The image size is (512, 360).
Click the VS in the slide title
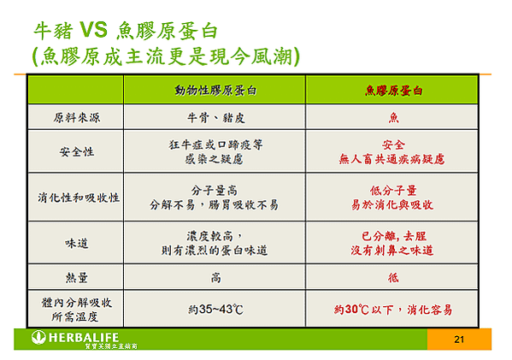coord(93,30)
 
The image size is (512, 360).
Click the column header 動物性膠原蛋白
coord(215,90)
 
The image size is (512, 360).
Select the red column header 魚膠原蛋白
coord(393,91)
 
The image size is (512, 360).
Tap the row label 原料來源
coord(77,118)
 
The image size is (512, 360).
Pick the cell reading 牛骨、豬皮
coord(216,118)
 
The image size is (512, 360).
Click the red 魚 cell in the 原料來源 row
coord(393,118)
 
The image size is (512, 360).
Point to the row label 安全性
coord(77,151)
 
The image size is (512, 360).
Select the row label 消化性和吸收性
coord(79,198)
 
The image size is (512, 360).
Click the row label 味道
coord(77,243)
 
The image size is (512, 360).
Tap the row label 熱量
coord(77,278)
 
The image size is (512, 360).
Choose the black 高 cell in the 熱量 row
coord(216,278)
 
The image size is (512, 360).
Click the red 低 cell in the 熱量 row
coord(393,278)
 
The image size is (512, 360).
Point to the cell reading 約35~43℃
coord(216,309)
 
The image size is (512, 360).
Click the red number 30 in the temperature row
coord(352,309)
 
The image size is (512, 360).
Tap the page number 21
coord(459,339)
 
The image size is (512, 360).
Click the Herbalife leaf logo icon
coord(38,338)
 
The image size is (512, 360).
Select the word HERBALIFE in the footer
coord(84,338)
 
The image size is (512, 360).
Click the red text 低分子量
coord(393,191)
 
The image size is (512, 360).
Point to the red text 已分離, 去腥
coord(393,236)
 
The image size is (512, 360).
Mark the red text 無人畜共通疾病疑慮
coord(391,159)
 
